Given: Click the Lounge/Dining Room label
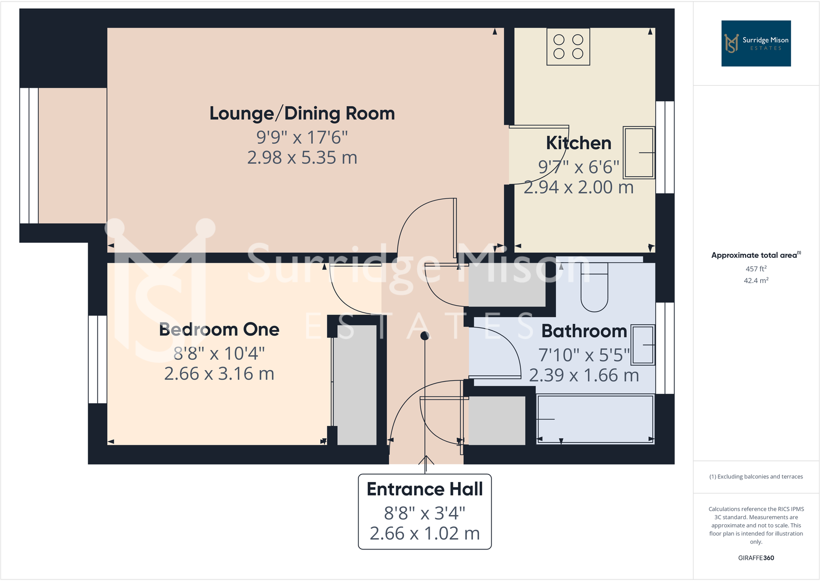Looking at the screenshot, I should [x=302, y=113].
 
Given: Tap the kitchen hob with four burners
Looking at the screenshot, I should [x=568, y=46].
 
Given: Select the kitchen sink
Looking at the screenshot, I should [x=639, y=153].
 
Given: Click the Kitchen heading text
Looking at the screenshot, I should [x=578, y=143].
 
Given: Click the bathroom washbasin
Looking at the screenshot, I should [x=643, y=345].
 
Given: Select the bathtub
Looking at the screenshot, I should [x=595, y=419].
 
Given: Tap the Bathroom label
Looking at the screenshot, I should [x=584, y=331].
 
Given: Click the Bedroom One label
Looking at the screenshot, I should [x=219, y=329].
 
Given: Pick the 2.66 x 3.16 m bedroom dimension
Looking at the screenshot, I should [x=219, y=374].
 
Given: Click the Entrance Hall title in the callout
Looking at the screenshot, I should [x=424, y=489].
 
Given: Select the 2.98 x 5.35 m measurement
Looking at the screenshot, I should [x=302, y=158].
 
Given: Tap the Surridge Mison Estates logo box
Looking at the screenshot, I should [x=756, y=43].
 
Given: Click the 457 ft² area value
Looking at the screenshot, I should [x=756, y=269].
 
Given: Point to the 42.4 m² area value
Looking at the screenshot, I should [x=756, y=280].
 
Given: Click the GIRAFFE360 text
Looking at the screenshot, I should [x=756, y=558].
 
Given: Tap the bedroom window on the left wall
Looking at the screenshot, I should [x=97, y=359].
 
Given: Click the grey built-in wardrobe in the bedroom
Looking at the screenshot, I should [x=355, y=385].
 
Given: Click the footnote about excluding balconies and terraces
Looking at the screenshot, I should [x=756, y=477].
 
